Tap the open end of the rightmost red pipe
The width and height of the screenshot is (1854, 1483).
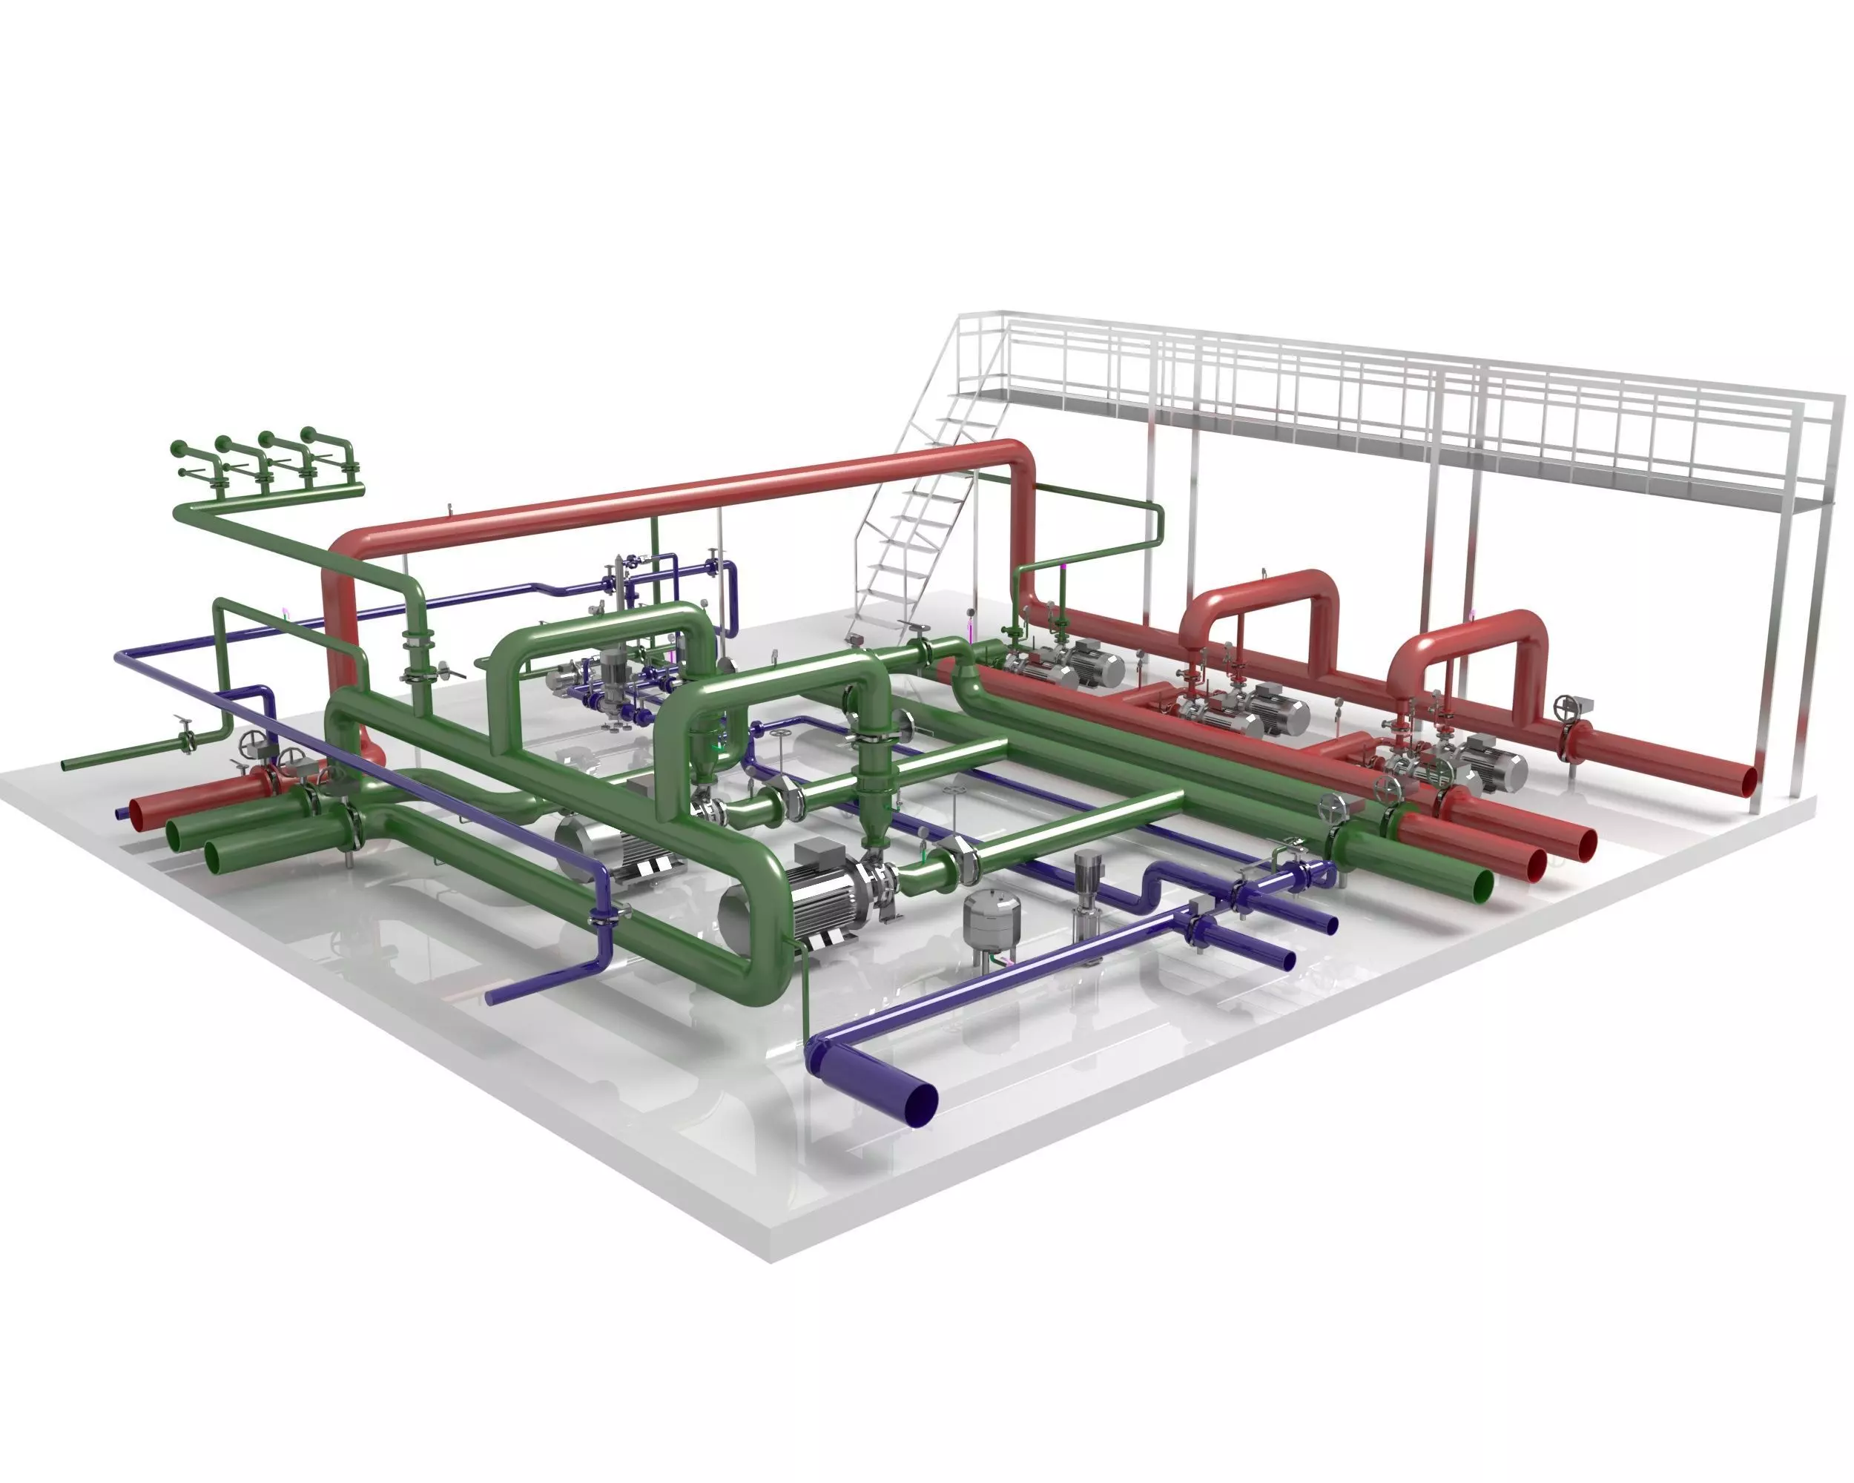coord(1747,781)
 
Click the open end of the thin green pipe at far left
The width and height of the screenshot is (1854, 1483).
coord(65,765)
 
